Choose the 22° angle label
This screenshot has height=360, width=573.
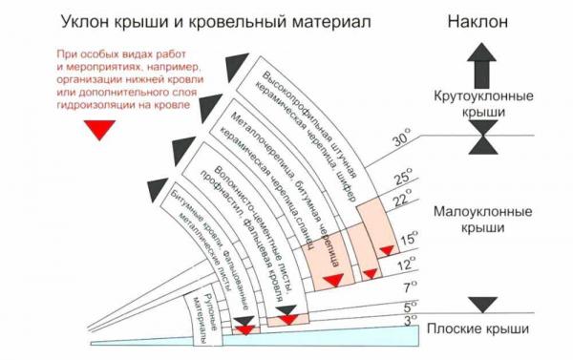(x=402, y=200)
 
